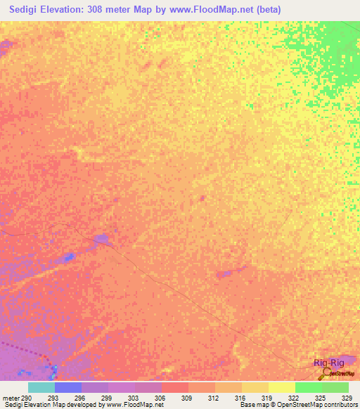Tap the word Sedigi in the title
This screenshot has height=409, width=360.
21,9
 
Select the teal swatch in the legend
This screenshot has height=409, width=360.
41,387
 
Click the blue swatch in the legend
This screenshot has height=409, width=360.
68,387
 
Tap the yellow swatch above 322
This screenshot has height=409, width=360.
282,387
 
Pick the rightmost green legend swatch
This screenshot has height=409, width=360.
335,387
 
